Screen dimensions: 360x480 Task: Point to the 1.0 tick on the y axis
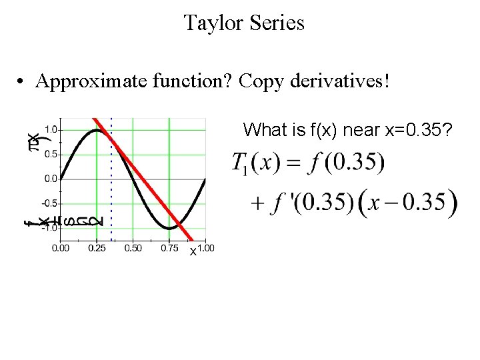point(50,129)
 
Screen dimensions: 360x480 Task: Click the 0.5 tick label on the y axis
point(50,154)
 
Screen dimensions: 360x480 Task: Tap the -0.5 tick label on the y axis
point(49,203)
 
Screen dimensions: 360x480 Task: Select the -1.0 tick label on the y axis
point(49,228)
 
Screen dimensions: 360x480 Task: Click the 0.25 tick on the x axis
point(97,248)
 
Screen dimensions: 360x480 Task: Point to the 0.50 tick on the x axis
point(133,248)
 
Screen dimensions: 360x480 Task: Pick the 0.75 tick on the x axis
point(169,248)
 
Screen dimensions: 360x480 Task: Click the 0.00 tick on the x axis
point(61,248)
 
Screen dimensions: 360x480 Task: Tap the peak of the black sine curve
point(97,131)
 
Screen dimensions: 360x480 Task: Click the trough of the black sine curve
point(169,228)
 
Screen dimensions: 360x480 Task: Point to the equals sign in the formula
point(295,163)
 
